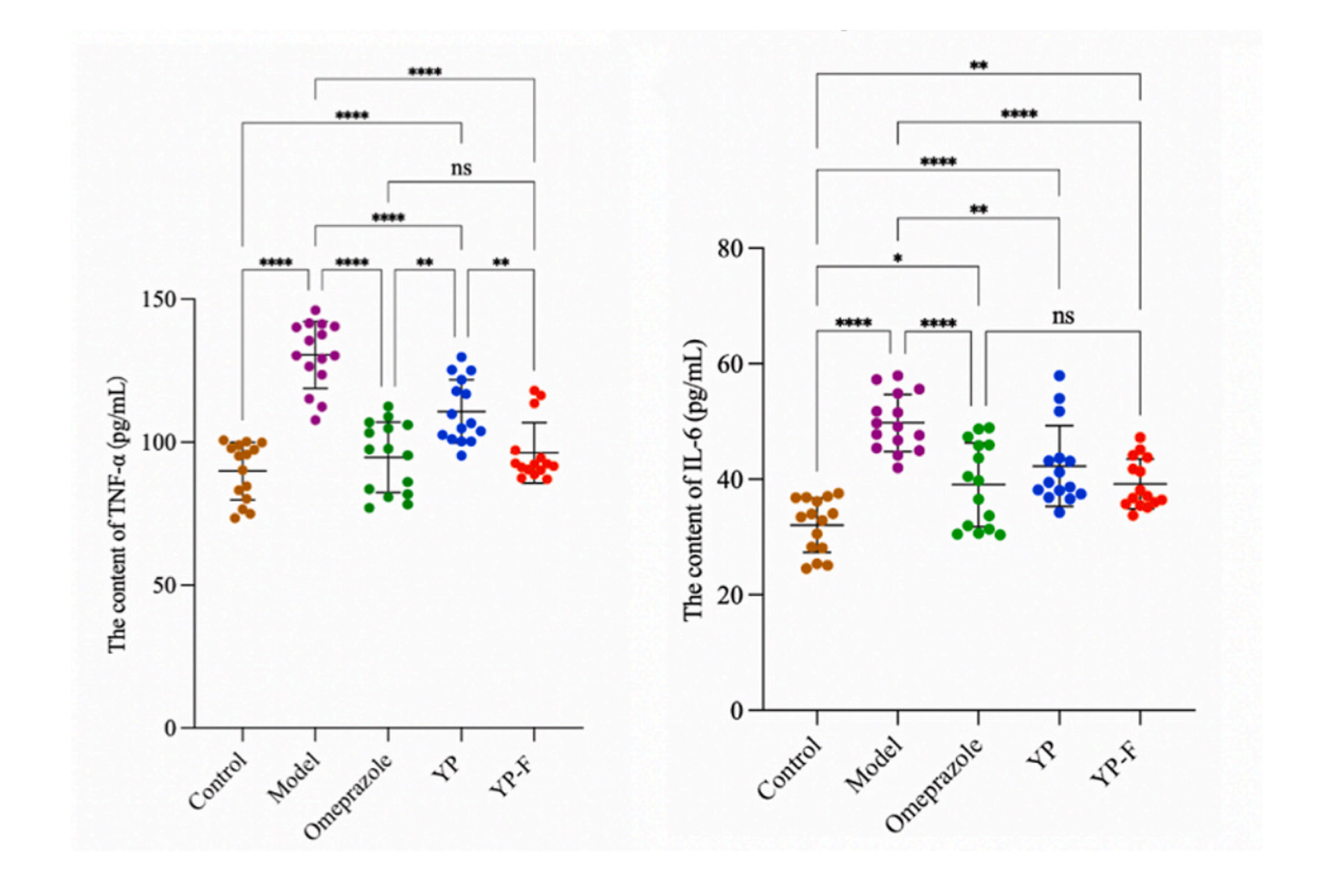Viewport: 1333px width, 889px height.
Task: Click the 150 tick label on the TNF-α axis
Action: pyautogui.click(x=158, y=299)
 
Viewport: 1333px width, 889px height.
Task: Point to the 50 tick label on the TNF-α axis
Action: pyautogui.click(x=163, y=585)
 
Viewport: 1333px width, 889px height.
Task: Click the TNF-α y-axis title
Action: pyautogui.click(x=117, y=514)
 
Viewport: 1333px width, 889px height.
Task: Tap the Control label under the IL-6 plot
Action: pyautogui.click(x=789, y=768)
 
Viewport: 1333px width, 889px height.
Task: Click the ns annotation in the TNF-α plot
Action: pyautogui.click(x=461, y=168)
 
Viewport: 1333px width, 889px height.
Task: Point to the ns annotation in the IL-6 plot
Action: pyautogui.click(x=1063, y=317)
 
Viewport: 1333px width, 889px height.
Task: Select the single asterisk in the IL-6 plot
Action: pyautogui.click(x=898, y=259)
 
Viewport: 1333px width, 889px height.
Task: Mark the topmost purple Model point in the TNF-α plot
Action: pyautogui.click(x=315, y=310)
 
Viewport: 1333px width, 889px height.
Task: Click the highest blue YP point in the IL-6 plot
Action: pyautogui.click(x=1059, y=376)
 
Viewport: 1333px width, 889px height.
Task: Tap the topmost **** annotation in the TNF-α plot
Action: pyautogui.click(x=424, y=72)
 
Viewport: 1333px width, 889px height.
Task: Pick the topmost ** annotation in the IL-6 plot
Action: pyautogui.click(x=978, y=66)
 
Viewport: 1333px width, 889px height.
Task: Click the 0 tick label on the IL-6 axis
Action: pyautogui.click(x=737, y=711)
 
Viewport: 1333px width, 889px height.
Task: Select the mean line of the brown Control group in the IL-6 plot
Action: pyautogui.click(x=816, y=525)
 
